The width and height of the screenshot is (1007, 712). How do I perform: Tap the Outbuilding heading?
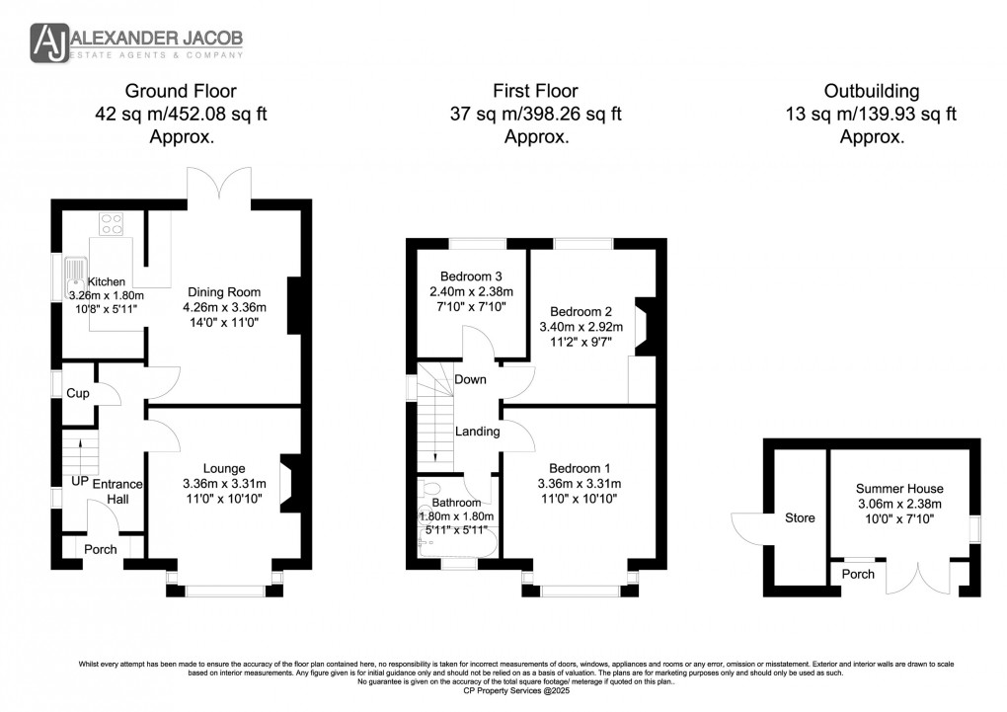[x=872, y=91]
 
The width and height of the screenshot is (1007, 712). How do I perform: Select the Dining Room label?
[x=226, y=292]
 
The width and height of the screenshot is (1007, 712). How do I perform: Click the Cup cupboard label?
[x=77, y=393]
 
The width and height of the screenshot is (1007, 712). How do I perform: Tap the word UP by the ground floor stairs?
[x=79, y=481]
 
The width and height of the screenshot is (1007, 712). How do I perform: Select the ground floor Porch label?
[x=100, y=549]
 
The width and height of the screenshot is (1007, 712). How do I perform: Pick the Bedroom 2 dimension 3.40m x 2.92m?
[x=581, y=325]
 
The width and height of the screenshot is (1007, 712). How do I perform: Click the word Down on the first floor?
[x=470, y=380]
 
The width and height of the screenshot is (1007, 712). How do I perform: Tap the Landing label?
[x=477, y=432]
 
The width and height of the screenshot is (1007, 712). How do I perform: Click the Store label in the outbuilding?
[x=800, y=517]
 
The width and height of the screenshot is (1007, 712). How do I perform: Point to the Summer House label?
[x=898, y=488]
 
